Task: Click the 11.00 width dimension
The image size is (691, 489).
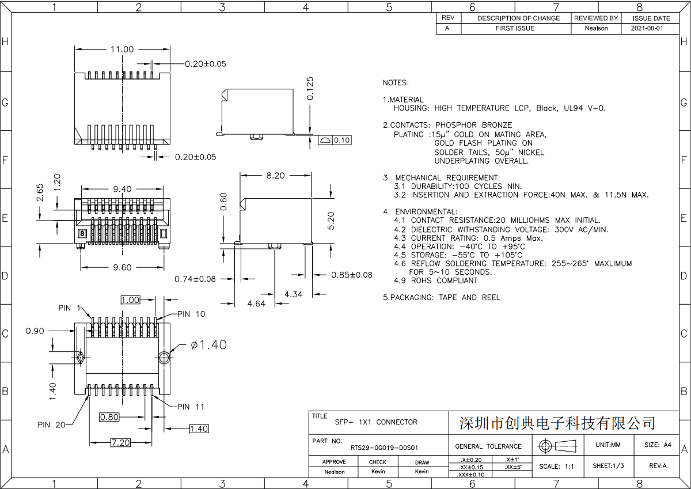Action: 122,50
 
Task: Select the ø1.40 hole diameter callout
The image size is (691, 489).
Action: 208,345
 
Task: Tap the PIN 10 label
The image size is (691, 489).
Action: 191,314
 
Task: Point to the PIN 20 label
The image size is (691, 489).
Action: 52,425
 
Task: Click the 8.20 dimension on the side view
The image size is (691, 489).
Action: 275,176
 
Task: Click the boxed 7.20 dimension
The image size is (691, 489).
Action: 120,442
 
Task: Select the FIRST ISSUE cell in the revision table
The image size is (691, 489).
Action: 515,28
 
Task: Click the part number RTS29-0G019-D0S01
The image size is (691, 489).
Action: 384,447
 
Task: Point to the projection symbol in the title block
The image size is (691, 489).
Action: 557,446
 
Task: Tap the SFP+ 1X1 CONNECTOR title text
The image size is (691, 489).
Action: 376,422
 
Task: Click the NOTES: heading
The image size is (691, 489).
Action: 396,83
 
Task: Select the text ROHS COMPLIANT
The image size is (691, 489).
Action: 444,280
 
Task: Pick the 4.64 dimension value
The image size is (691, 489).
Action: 256,304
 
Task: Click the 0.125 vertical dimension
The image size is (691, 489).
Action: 310,88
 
